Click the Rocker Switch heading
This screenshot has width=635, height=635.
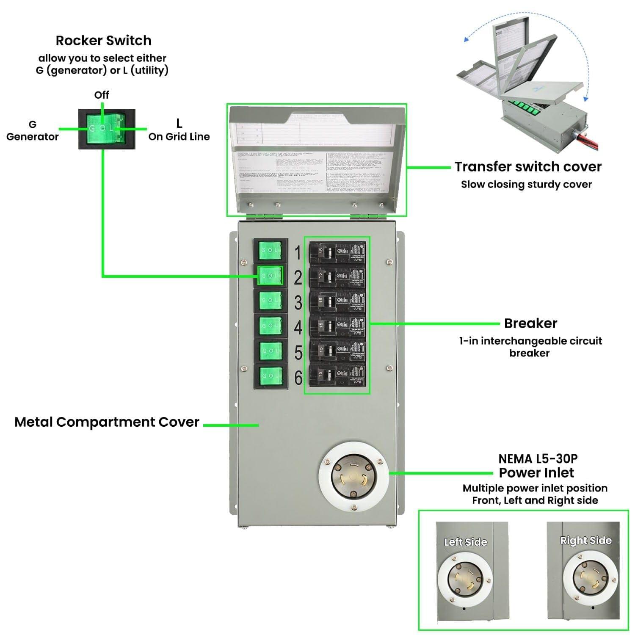103,41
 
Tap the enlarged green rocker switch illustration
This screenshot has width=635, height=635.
107,129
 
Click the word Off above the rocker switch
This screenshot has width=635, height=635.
102,95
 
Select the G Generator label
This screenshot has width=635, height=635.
32,131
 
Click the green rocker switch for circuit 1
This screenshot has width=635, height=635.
270,251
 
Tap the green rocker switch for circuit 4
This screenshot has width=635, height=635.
270,325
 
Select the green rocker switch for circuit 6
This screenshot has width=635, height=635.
270,375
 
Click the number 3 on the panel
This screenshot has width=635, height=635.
298,303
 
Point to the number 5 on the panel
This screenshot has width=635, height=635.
298,353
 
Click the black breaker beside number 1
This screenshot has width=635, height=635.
337,253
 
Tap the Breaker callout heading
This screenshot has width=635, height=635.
530,323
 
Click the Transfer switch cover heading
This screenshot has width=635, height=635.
528,167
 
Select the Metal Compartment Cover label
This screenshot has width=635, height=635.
107,422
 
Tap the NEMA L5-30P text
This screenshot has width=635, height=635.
538,459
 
